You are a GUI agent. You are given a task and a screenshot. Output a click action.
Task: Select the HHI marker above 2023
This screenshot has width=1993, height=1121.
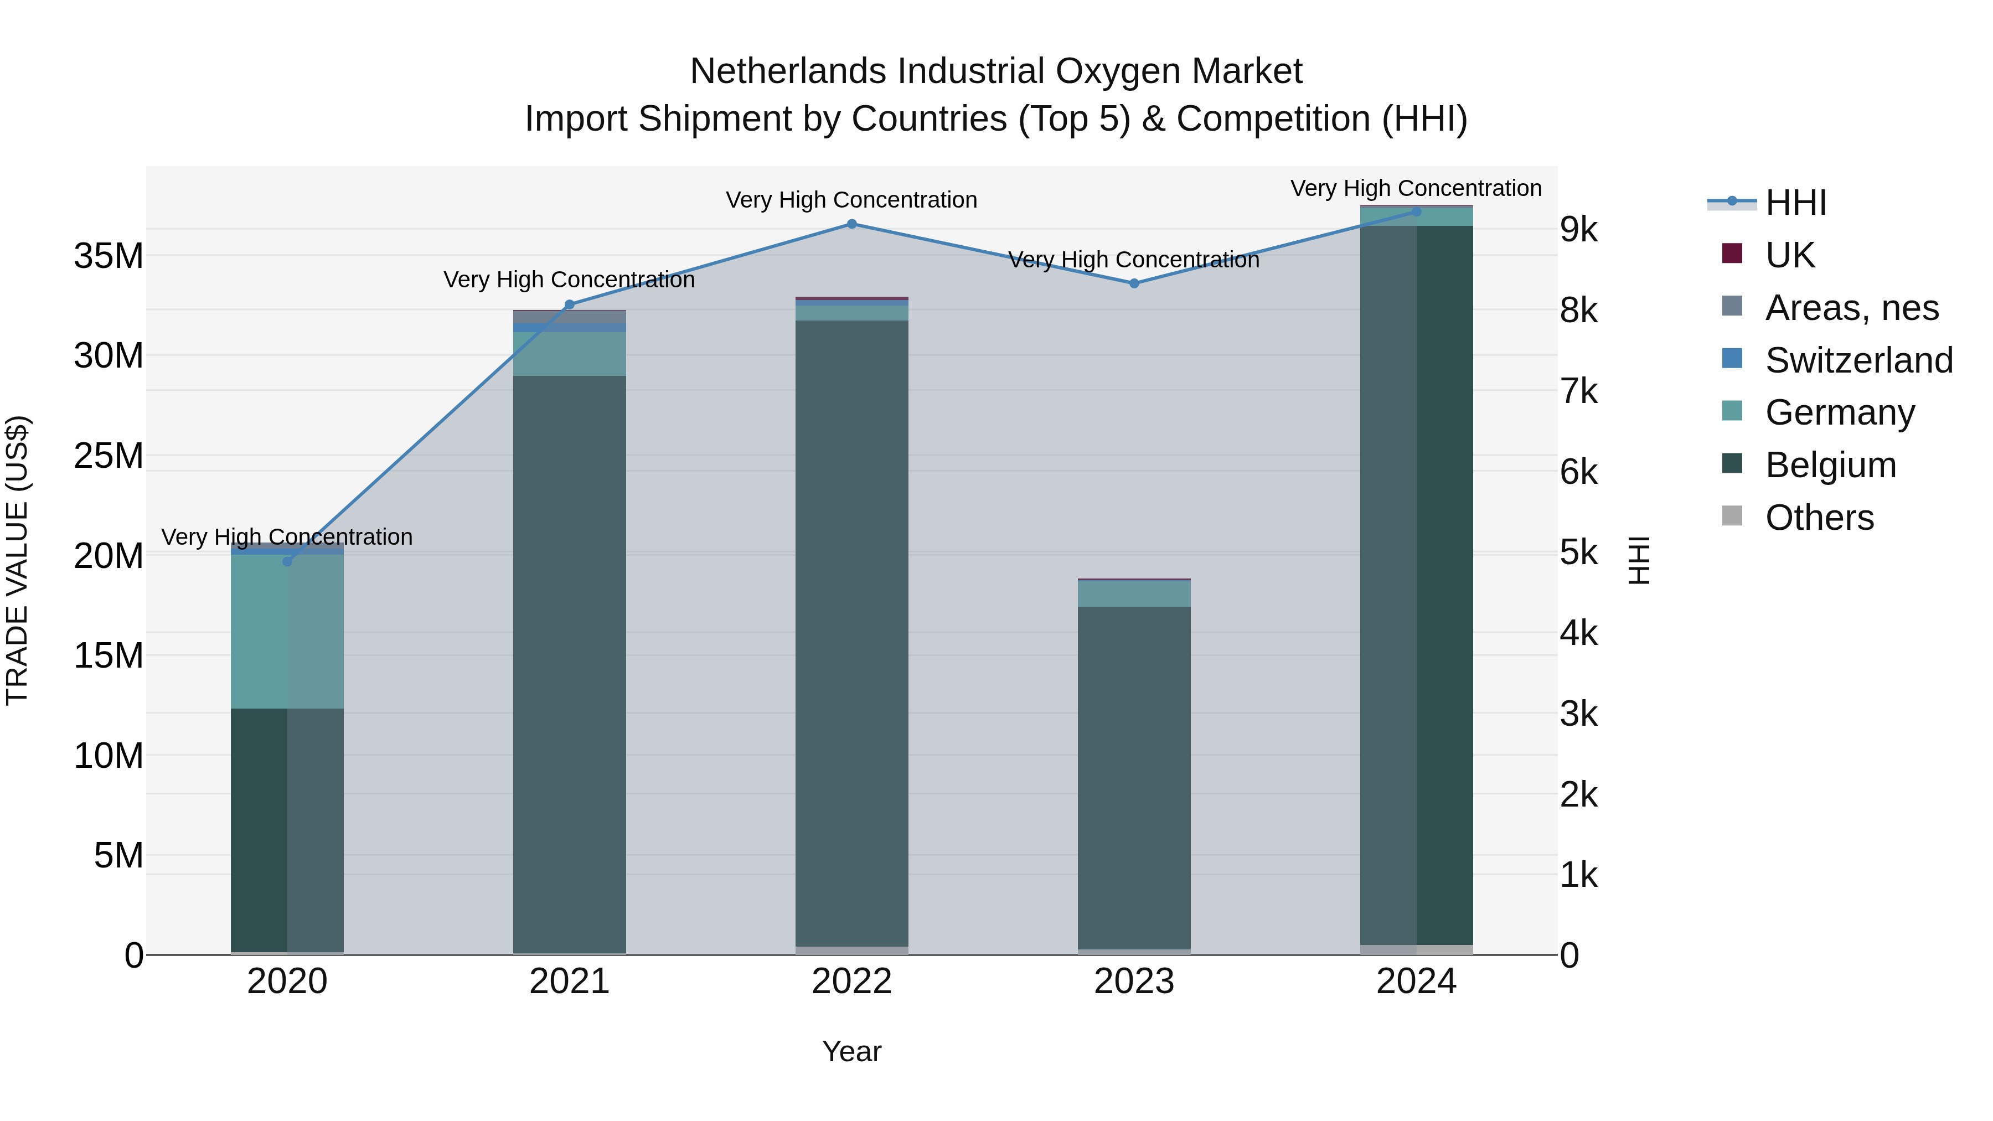pyautogui.click(x=1134, y=283)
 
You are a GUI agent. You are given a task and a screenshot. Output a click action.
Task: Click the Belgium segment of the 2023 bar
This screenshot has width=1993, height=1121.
pyautogui.click(x=1134, y=774)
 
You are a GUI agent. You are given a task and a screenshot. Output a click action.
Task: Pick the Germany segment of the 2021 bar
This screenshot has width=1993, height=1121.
pyautogui.click(x=570, y=354)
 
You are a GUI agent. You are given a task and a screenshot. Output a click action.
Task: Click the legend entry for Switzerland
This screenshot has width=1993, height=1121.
pyautogui.click(x=1858, y=360)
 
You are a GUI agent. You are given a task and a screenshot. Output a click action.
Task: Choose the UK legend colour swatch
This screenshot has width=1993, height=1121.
pyautogui.click(x=1732, y=254)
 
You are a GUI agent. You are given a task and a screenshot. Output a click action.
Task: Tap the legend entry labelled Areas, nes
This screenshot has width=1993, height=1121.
pyautogui.click(x=1851, y=308)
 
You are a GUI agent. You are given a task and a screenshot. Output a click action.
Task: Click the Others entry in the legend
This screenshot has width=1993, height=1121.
pyautogui.click(x=1819, y=518)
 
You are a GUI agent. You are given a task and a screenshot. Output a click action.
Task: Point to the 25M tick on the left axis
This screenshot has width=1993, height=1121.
pyautogui.click(x=109, y=456)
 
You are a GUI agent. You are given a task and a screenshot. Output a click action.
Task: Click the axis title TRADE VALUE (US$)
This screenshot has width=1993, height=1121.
pyautogui.click(x=17, y=560)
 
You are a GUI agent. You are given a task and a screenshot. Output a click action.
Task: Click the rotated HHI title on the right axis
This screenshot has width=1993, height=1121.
pyautogui.click(x=1639, y=560)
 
